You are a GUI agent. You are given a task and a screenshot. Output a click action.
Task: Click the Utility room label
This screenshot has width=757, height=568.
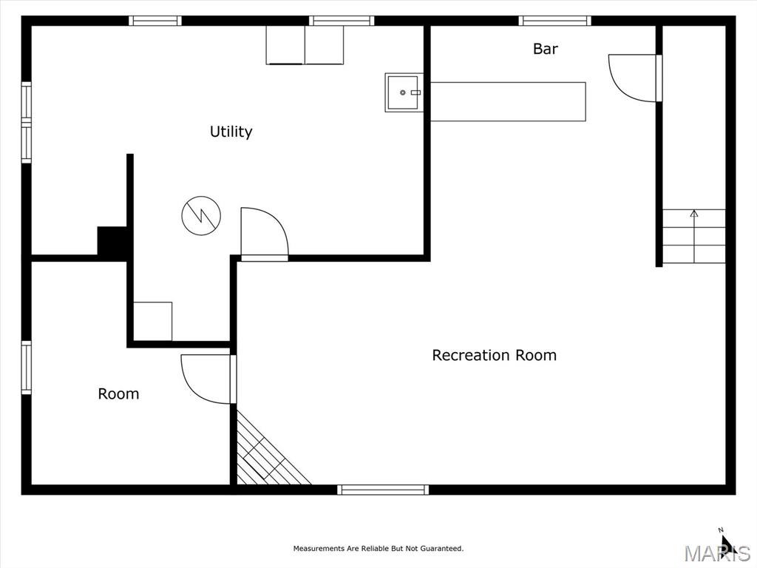(231, 132)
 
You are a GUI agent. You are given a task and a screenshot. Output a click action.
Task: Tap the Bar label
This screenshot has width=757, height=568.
(545, 49)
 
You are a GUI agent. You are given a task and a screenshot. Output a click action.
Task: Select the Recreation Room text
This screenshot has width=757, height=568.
(494, 356)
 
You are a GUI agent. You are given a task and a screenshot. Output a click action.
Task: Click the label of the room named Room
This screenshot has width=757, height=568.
(118, 394)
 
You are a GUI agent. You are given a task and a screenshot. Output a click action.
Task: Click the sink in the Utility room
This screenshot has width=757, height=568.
(404, 92)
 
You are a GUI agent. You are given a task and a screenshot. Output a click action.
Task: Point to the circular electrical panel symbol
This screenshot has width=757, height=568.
(201, 216)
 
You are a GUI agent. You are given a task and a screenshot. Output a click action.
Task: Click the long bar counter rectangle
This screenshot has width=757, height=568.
(508, 101)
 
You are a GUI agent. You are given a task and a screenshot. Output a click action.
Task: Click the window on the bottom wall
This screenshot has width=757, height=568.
(383, 490)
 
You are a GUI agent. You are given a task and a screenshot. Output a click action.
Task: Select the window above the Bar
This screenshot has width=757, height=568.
(554, 21)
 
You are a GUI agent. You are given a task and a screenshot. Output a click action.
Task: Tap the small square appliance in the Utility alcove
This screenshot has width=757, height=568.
(152, 321)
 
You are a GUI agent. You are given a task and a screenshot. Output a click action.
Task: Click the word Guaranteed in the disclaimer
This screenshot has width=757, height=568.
(441, 549)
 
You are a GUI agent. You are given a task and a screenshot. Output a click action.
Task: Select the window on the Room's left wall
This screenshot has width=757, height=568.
(26, 368)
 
